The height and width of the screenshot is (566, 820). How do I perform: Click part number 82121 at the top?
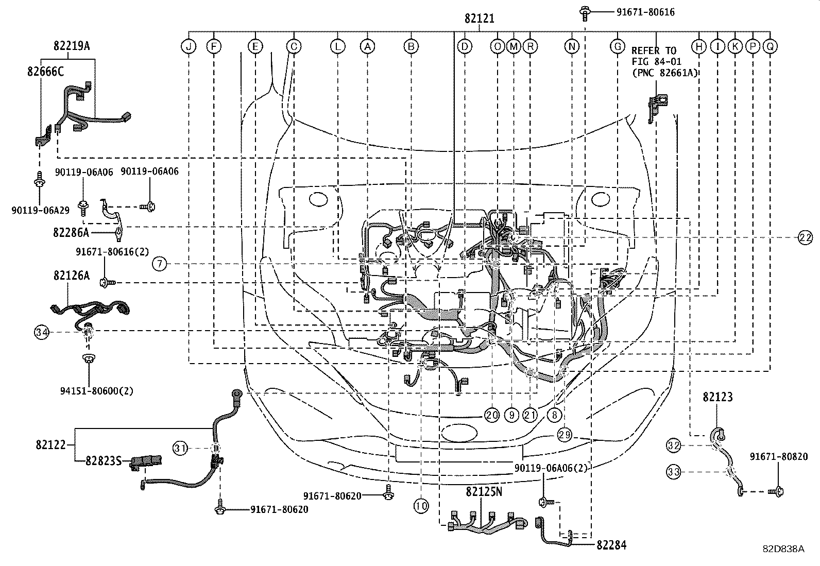click(479, 19)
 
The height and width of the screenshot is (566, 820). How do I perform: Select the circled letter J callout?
click(189, 47)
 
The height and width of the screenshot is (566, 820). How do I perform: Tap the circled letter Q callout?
click(770, 47)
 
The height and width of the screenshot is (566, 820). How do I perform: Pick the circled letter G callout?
click(617, 47)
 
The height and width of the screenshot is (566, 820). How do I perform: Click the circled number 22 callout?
click(806, 237)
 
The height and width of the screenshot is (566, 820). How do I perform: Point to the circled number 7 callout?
click(160, 264)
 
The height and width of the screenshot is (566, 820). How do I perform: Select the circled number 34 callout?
click(42, 333)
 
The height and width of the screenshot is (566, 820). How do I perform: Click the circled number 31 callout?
click(179, 448)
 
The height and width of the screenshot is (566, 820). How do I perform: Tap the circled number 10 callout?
click(421, 506)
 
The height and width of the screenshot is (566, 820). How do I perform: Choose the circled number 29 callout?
click(565, 435)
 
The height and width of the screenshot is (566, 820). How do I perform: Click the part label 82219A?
click(71, 46)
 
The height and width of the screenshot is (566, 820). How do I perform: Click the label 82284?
click(612, 545)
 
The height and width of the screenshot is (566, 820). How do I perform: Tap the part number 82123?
click(717, 397)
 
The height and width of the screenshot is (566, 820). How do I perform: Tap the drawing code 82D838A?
click(783, 549)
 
